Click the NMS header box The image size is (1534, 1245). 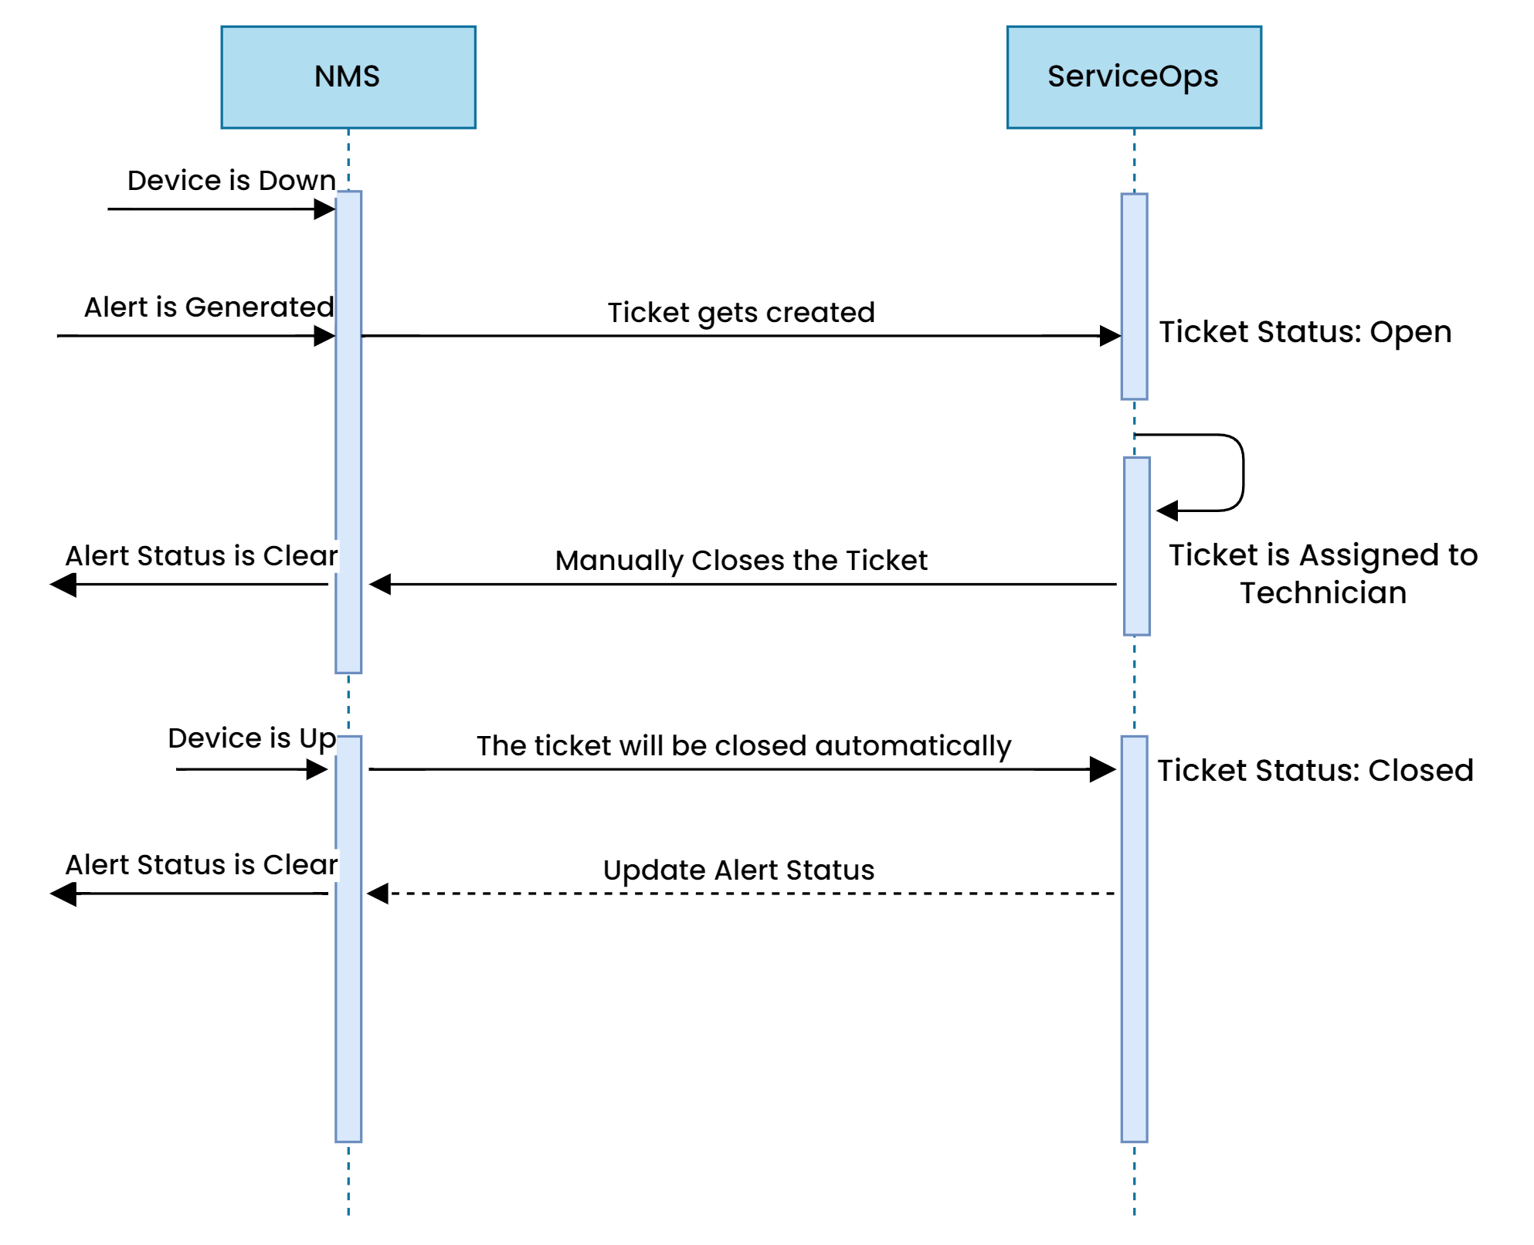click(x=348, y=77)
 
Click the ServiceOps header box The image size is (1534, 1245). click(x=1133, y=77)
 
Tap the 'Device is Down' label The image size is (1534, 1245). click(x=231, y=181)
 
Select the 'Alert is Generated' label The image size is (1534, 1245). click(x=209, y=307)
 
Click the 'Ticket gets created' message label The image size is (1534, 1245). click(x=741, y=313)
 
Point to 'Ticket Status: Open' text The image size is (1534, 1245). click(x=1305, y=332)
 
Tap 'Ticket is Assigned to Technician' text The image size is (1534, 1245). click(x=1322, y=573)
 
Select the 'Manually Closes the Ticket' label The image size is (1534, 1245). click(x=741, y=561)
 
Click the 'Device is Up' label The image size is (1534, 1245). click(x=252, y=738)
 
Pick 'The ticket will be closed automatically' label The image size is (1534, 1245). click(x=743, y=746)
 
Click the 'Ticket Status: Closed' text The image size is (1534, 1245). click(x=1315, y=771)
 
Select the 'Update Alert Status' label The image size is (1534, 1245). click(x=738, y=870)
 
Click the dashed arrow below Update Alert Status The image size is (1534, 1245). click(x=742, y=894)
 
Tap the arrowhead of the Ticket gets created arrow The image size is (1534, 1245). click(x=1111, y=336)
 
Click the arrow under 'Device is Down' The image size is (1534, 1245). click(x=216, y=209)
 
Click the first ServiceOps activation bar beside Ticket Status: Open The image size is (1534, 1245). click(x=1134, y=297)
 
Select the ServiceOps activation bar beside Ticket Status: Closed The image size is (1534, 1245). click(x=1134, y=938)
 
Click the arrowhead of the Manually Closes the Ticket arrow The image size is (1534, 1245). click(x=379, y=585)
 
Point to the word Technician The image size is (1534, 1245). click(x=1322, y=593)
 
